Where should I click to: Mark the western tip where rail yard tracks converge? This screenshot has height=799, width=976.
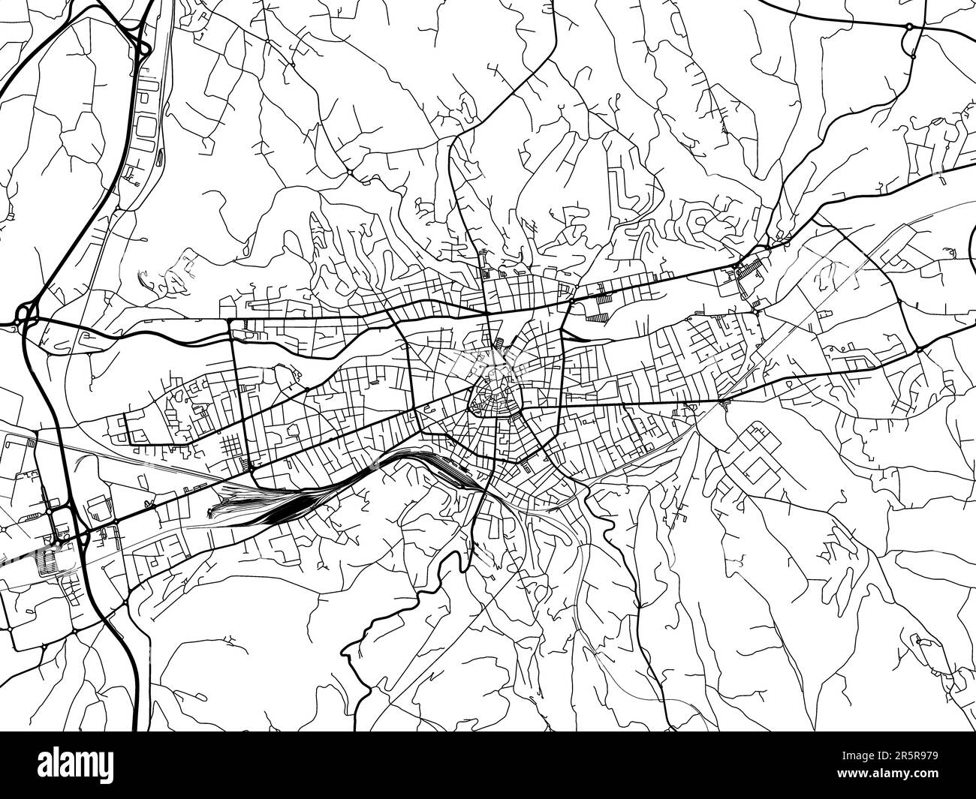(212, 512)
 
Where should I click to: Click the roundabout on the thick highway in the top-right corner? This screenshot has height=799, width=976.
(909, 26)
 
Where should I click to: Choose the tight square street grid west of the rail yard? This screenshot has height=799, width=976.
(234, 448)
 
